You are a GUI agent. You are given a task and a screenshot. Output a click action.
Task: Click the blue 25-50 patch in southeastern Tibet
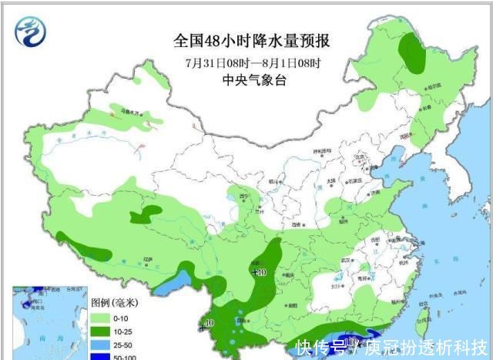[x=167, y=285]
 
